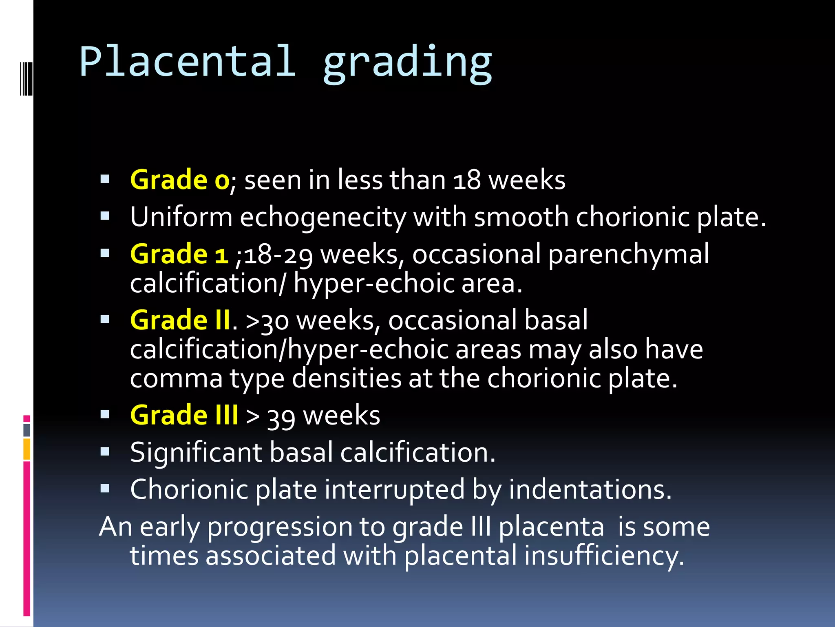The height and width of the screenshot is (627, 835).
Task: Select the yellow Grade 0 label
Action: point(180,180)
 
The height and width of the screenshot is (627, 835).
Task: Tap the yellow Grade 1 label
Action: point(179,254)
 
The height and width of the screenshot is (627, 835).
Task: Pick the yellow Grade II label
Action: point(180,320)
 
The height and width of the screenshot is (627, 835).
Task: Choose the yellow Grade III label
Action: point(184,415)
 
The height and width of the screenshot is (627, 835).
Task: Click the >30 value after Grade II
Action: point(267,321)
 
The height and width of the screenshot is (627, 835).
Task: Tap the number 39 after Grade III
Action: point(281,417)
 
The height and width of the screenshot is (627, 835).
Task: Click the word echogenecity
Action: point(323,218)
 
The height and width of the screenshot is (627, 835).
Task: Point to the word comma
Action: point(176,379)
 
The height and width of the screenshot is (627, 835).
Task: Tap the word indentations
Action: point(590,489)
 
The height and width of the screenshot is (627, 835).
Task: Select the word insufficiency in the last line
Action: point(604,556)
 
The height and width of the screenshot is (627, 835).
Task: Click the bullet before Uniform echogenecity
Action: point(105,216)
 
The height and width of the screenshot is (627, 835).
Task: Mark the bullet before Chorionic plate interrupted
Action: point(105,488)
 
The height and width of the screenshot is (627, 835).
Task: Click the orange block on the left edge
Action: point(27,449)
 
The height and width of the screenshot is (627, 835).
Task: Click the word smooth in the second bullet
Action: point(521,217)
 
